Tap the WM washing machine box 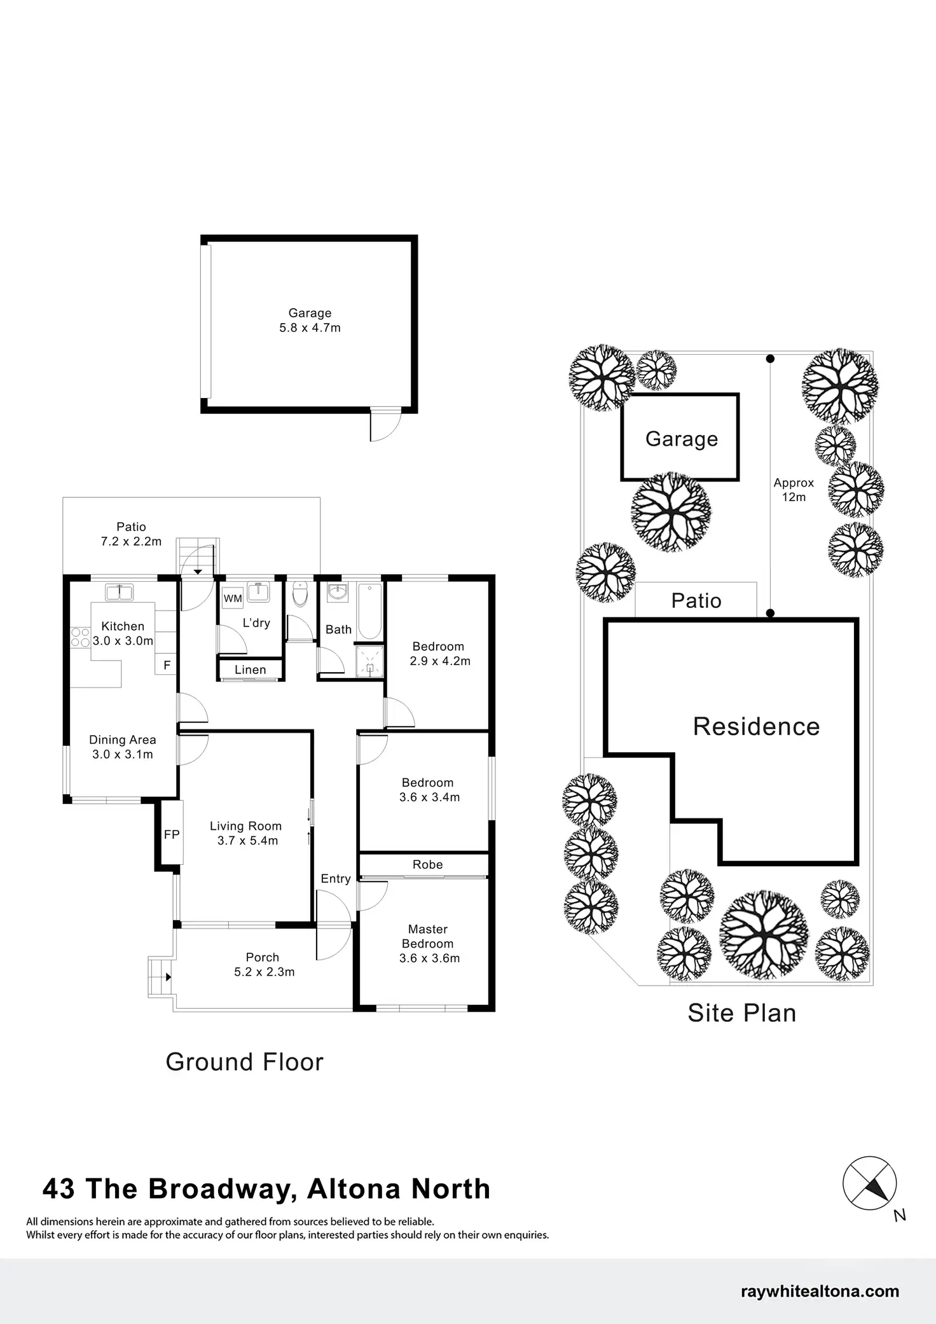click(x=233, y=598)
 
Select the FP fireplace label click(x=172, y=834)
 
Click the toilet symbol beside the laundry click(x=300, y=595)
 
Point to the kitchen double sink click(x=119, y=593)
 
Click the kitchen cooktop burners click(x=80, y=637)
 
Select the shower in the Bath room click(x=369, y=661)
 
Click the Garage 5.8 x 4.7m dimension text click(x=310, y=328)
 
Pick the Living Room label click(x=245, y=826)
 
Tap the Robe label click(x=427, y=864)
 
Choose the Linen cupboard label click(x=250, y=670)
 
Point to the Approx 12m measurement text click(x=794, y=490)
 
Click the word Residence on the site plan click(x=756, y=726)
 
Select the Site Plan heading click(x=741, y=1013)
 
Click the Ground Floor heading click(x=244, y=1062)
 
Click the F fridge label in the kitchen click(x=167, y=665)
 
